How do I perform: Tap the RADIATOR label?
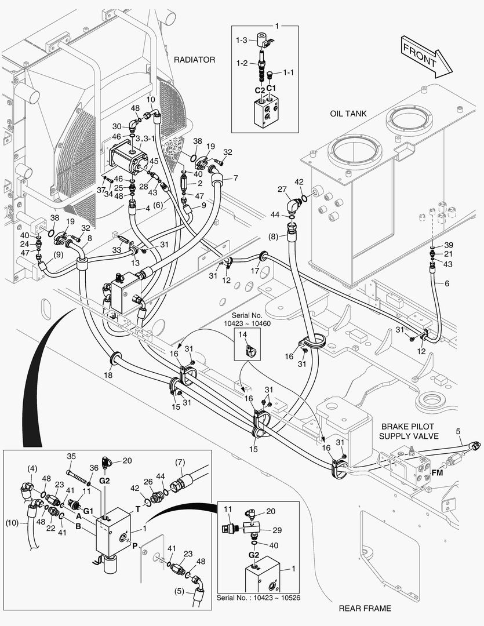point(194,60)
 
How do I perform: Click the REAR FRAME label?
point(365,608)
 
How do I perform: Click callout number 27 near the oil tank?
point(282,190)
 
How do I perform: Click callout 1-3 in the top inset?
point(242,40)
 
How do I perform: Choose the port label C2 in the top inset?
point(260,90)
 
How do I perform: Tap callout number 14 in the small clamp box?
point(242,335)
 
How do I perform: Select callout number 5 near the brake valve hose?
point(458,431)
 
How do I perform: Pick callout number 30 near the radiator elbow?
point(117,126)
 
